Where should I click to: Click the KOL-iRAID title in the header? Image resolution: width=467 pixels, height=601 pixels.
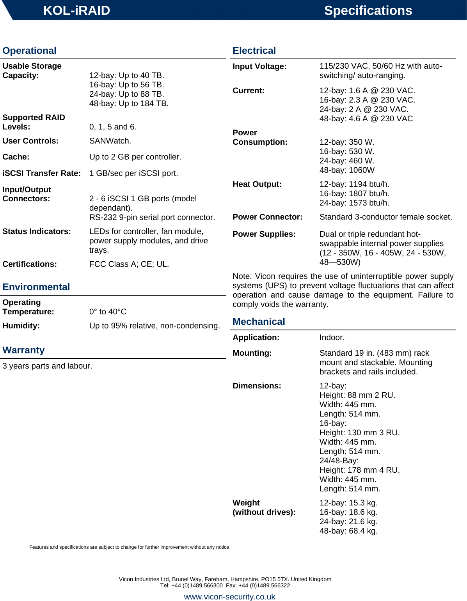coord(76,11)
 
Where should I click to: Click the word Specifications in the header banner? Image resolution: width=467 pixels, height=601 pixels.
coord(368,11)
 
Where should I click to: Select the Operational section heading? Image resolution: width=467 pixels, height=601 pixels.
coord(29,51)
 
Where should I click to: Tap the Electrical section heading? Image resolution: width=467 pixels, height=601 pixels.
coord(254,51)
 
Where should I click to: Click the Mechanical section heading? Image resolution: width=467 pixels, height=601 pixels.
coord(259,322)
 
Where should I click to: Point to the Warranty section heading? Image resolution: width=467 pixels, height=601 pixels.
coord(23,350)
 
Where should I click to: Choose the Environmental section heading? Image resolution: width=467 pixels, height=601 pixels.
coord(36,287)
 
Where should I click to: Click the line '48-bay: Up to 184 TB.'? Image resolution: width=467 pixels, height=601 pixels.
coord(129,103)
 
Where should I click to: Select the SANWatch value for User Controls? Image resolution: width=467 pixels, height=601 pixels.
coord(110,141)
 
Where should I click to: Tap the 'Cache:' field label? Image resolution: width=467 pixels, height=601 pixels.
coord(16,157)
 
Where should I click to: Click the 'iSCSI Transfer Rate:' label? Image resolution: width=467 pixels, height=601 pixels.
coord(41,173)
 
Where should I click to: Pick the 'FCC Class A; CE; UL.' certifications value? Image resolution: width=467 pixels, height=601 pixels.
coord(129,264)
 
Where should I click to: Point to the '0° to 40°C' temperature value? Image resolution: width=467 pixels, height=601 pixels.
coord(108,312)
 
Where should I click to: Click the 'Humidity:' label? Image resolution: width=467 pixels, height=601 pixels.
coord(21,326)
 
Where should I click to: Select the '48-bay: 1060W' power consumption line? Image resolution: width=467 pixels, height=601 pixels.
coord(347,170)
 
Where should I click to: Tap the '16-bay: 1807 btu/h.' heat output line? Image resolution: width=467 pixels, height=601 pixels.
coord(354,193)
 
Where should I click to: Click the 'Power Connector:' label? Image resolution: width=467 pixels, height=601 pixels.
coord(267,217)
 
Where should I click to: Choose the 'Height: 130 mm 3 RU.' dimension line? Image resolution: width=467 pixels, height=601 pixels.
coord(359,433)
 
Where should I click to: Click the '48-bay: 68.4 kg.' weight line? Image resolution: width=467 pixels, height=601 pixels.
coord(348,531)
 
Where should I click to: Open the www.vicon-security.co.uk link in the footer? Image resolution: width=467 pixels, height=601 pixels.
coord(229,597)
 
